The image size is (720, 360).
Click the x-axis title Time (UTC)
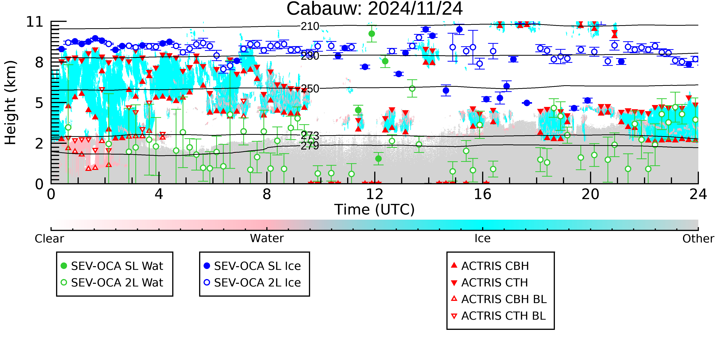(x=375, y=210)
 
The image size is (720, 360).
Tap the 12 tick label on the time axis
(x=375, y=194)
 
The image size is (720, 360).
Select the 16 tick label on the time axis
(x=482, y=194)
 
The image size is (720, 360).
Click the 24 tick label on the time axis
(x=698, y=194)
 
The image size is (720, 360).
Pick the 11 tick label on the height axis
(x=35, y=22)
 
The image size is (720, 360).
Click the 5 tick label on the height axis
(x=39, y=103)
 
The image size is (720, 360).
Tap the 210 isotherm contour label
(x=310, y=26)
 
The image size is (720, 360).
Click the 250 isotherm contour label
(x=310, y=89)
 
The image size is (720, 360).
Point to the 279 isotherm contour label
(x=310, y=146)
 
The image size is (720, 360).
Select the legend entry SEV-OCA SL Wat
(x=112, y=266)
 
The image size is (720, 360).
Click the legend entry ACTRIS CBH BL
(x=499, y=299)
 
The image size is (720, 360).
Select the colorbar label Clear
(x=49, y=239)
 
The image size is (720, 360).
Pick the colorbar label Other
(x=698, y=239)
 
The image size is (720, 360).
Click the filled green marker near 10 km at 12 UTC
(x=372, y=34)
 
